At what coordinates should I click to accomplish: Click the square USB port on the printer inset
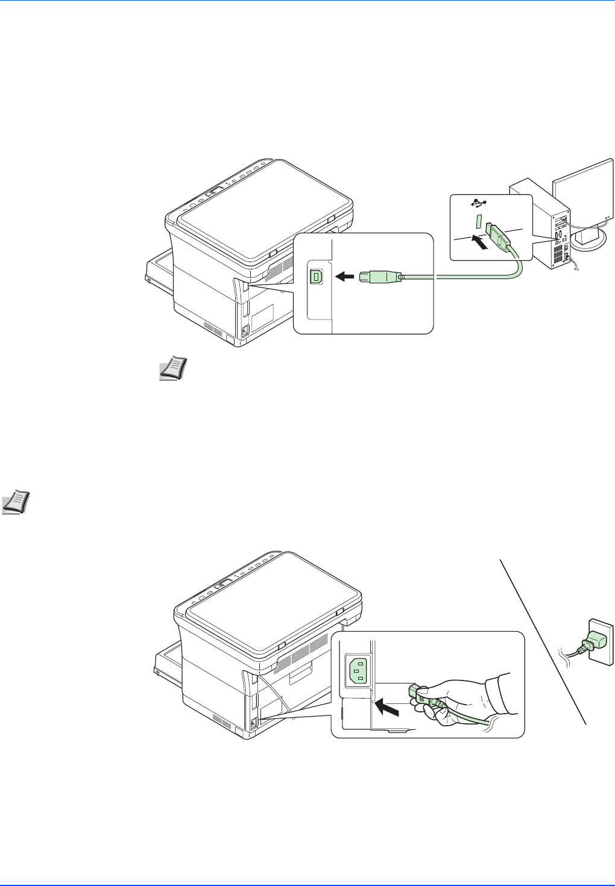click(x=315, y=276)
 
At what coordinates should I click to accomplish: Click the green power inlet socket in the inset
click(x=357, y=670)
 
